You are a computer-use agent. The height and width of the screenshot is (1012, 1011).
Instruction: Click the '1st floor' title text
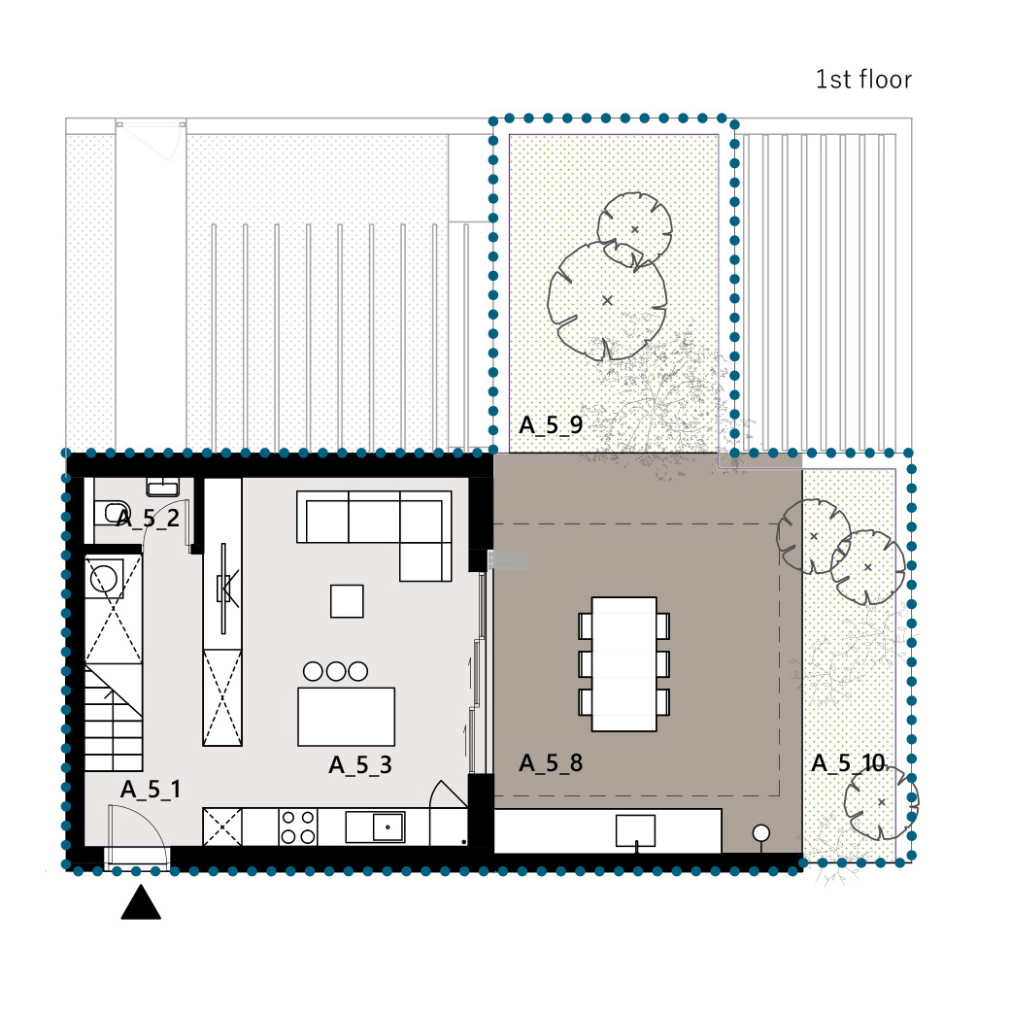(x=863, y=80)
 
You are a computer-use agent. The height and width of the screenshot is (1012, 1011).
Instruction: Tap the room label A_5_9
(x=551, y=425)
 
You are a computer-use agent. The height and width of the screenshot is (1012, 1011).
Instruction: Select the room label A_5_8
(x=551, y=763)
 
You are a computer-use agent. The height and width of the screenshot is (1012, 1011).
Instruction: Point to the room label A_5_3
(x=360, y=765)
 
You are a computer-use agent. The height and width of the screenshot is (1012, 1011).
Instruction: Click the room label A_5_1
(x=151, y=790)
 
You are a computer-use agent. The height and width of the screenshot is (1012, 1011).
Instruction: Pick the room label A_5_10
(x=848, y=763)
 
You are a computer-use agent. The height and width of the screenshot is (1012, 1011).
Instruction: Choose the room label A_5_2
(x=148, y=519)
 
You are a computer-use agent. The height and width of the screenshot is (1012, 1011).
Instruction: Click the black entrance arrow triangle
(x=141, y=902)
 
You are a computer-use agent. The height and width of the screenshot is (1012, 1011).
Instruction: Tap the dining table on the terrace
(x=623, y=664)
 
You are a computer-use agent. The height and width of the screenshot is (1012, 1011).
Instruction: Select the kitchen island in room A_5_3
(x=346, y=717)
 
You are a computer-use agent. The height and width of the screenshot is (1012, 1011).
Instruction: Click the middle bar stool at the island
(x=336, y=671)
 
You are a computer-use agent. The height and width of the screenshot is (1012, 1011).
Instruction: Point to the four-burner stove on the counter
(x=298, y=826)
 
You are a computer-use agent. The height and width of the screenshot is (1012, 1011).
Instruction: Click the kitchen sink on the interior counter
(x=375, y=826)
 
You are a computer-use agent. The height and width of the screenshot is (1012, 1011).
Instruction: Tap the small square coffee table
(x=347, y=601)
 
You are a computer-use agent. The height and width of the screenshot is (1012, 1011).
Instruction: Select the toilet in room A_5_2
(x=111, y=514)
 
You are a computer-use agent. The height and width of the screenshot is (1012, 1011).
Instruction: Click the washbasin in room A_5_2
(x=163, y=488)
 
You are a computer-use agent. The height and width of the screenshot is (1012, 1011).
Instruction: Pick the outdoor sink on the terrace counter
(x=635, y=830)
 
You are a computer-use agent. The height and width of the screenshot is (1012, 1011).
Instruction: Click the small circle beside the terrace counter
(x=761, y=833)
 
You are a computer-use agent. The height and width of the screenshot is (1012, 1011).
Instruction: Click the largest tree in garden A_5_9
(x=607, y=301)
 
